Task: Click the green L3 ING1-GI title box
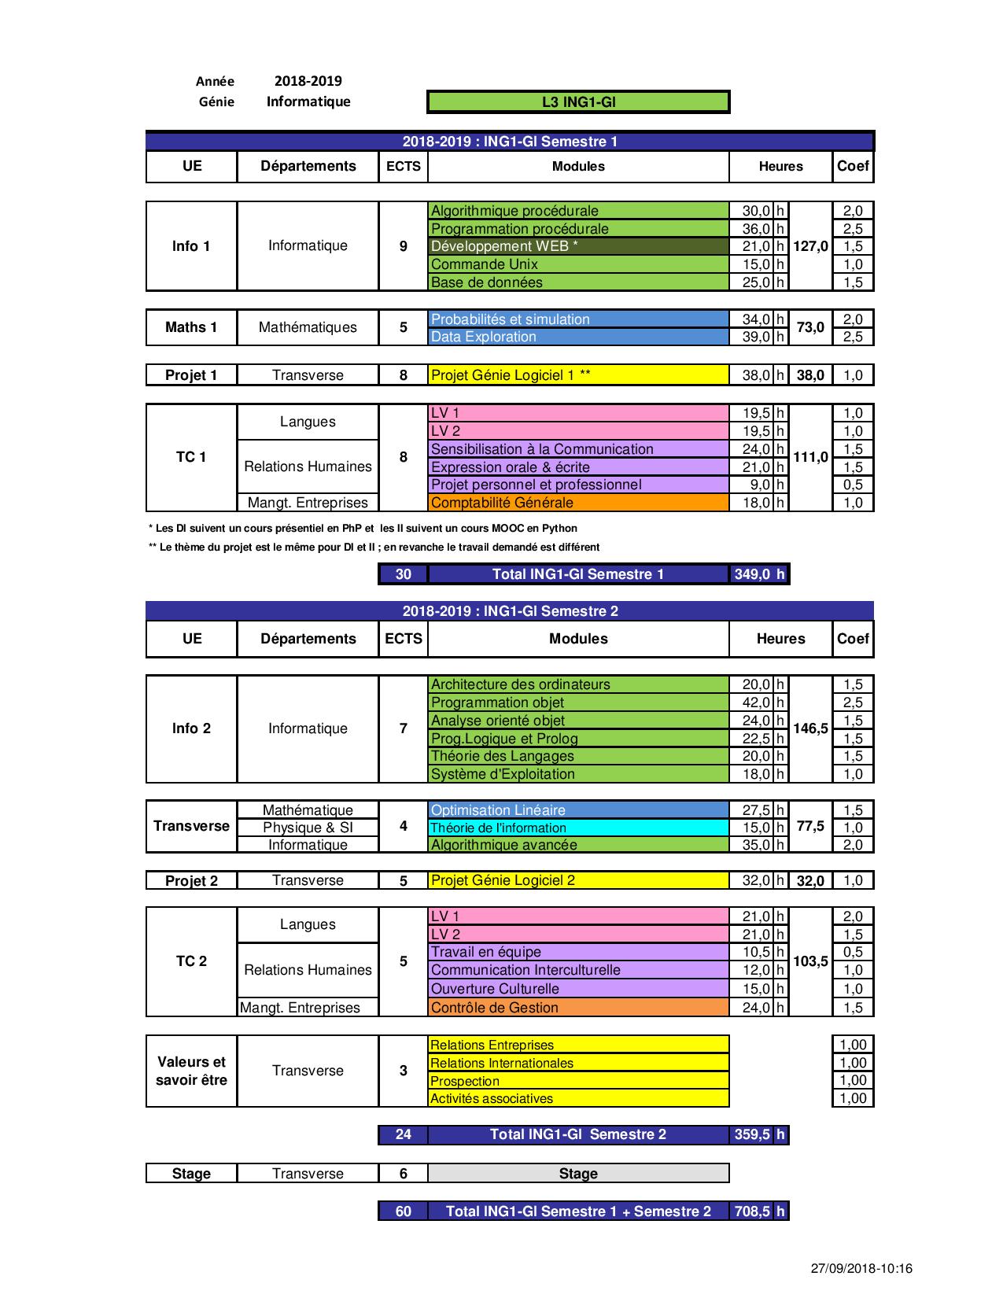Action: pos(578,101)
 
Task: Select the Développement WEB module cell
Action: pos(578,246)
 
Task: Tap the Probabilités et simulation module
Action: pos(578,319)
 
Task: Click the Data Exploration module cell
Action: pos(578,337)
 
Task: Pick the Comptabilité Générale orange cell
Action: pos(578,503)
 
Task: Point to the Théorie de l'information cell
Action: pos(578,828)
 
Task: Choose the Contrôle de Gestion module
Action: pos(578,1008)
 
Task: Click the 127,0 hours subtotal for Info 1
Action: pos(810,246)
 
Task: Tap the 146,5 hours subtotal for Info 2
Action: pos(810,728)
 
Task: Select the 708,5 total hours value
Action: pos(752,1211)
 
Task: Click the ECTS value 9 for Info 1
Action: pos(404,246)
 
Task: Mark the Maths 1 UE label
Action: pos(191,327)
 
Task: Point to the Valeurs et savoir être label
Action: pos(191,1071)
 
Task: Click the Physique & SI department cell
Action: pos(308,828)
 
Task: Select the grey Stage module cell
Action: pos(578,1174)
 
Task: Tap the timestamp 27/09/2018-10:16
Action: pos(861,1268)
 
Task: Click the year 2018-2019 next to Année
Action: pos(308,80)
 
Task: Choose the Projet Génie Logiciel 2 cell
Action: pos(578,880)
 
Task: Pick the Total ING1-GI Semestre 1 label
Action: pos(578,574)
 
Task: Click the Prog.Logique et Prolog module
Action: pos(578,739)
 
